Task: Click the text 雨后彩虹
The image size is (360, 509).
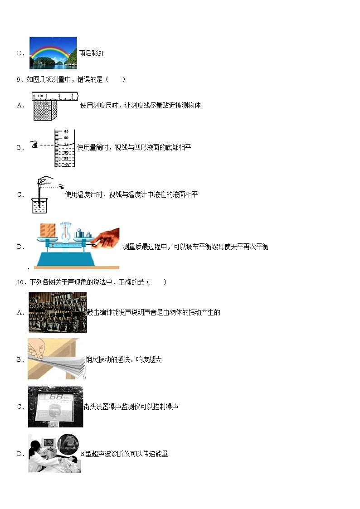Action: click(x=92, y=53)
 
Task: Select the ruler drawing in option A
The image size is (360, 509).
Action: click(x=55, y=96)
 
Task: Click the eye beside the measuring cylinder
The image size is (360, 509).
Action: click(x=34, y=145)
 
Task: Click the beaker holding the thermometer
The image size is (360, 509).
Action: click(x=40, y=205)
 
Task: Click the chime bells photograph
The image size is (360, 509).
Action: click(x=57, y=312)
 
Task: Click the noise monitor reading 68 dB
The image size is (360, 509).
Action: click(x=55, y=407)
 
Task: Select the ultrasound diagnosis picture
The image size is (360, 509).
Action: click(x=54, y=453)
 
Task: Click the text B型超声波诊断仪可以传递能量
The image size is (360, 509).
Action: click(x=124, y=454)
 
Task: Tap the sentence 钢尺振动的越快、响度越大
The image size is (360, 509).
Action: click(x=124, y=360)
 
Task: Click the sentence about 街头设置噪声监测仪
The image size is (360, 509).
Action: click(x=131, y=407)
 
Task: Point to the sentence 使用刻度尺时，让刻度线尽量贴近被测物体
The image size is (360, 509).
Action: click(x=140, y=106)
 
